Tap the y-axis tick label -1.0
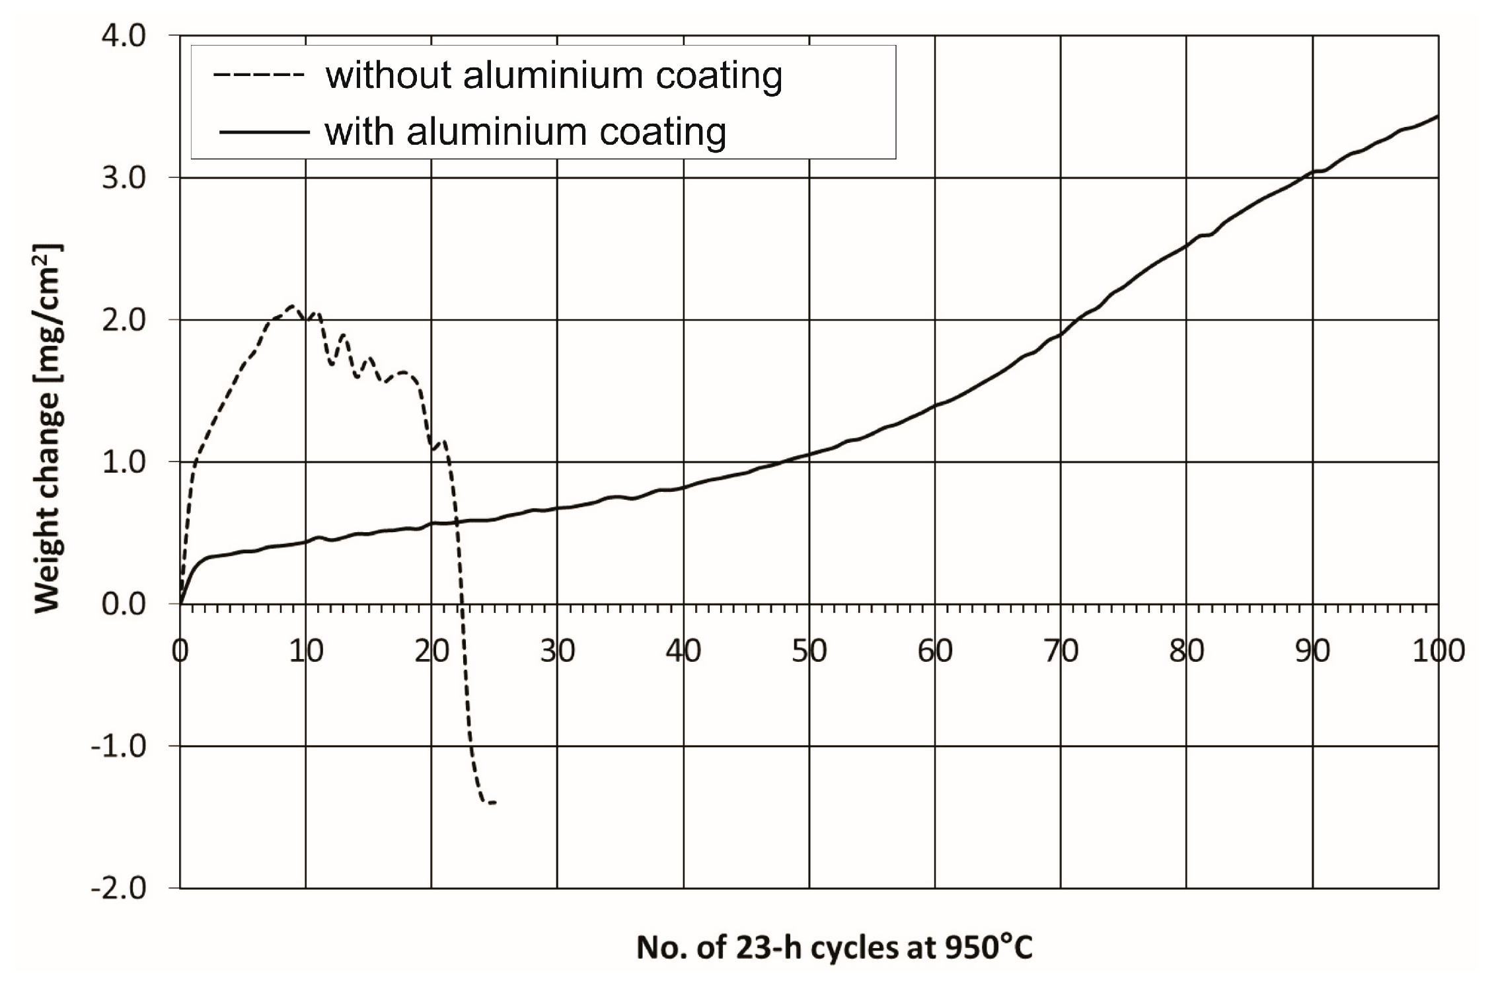tap(119, 746)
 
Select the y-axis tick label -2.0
tap(119, 888)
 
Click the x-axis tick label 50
tap(809, 651)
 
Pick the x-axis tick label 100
tap(1438, 651)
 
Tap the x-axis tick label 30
tap(557, 651)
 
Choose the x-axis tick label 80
tap(1186, 651)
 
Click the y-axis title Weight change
tap(48, 428)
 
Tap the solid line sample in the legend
tap(264, 132)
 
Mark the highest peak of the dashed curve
tap(291, 305)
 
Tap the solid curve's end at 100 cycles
tap(1437, 116)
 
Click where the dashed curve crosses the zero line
tap(463, 604)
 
